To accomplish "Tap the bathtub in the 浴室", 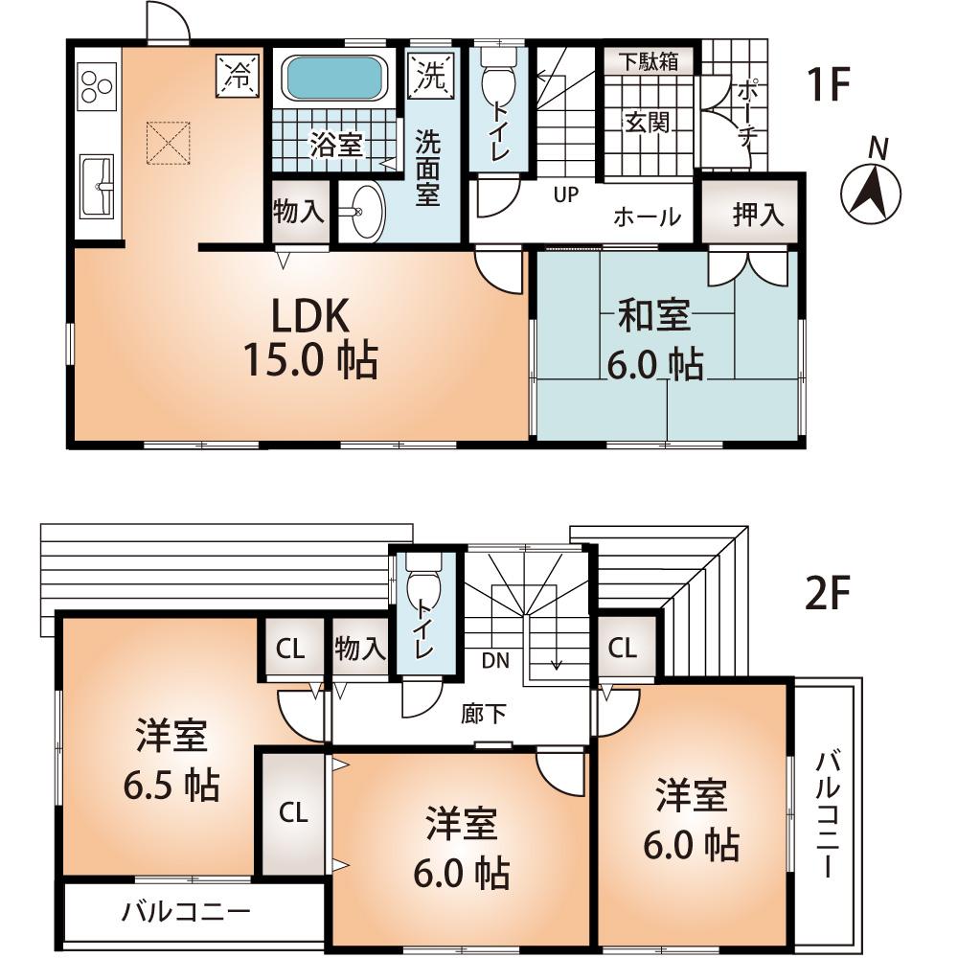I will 333,78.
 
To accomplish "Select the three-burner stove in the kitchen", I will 97,84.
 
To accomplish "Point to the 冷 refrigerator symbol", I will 237,76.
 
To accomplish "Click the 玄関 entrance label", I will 648,123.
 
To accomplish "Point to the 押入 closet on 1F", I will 758,215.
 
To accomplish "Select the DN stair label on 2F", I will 495,660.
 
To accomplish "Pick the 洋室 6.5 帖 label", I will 171,762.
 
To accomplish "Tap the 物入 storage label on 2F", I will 360,650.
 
